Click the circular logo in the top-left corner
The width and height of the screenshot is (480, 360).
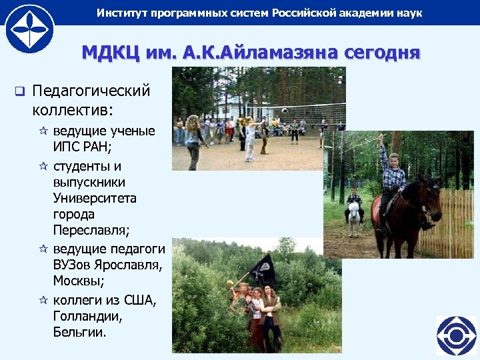29,28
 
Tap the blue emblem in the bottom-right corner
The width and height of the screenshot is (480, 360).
457,335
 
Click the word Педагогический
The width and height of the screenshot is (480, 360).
91,91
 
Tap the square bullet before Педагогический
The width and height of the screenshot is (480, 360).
19,91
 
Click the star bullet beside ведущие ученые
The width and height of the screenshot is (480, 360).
44,131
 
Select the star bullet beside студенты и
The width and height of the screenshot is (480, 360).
44,166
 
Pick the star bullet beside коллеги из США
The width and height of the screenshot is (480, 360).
44,301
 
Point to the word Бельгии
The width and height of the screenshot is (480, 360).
79,332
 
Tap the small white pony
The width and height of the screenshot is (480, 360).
353,216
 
